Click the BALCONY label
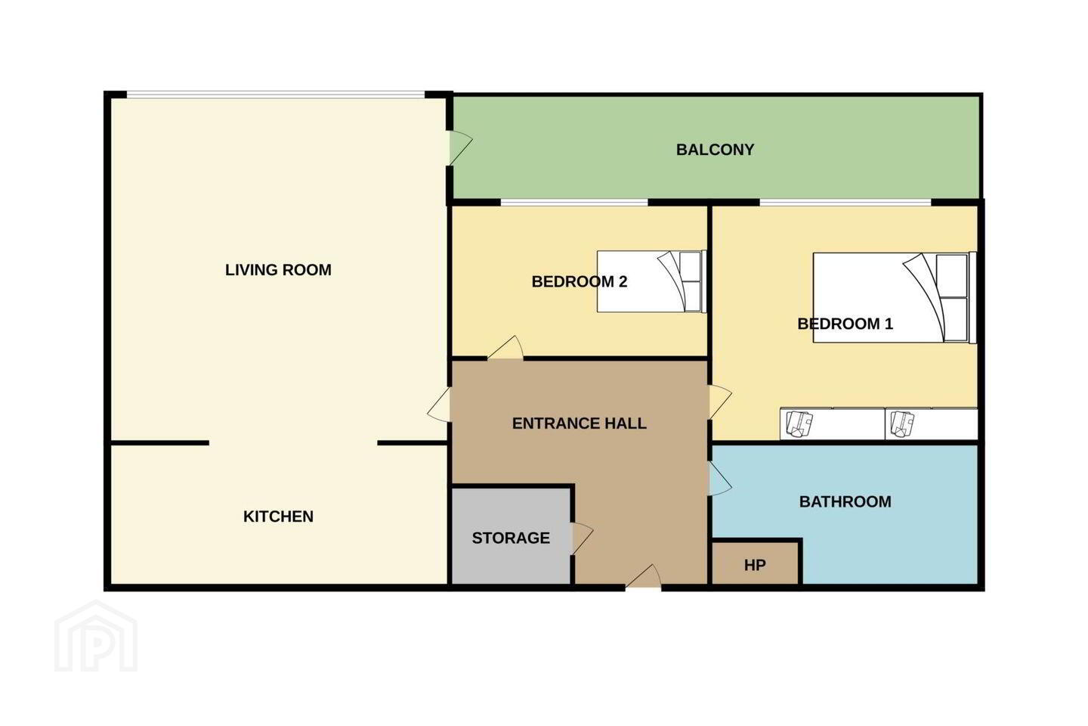pos(715,150)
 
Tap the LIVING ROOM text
pos(278,270)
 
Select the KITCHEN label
pos(278,517)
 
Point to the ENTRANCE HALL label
pos(579,423)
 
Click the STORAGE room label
pos(511,538)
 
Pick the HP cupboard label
pos(755,565)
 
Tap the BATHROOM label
pos(845,502)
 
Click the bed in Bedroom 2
pos(651,281)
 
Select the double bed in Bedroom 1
pos(895,297)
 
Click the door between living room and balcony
pos(460,147)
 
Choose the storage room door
pos(583,538)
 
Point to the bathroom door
pos(720,479)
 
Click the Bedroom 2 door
pos(505,348)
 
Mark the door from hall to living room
pos(439,405)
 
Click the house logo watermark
pos(96,636)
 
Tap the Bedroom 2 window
pos(574,202)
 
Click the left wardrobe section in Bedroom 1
pos(833,423)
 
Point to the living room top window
pos(276,95)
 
